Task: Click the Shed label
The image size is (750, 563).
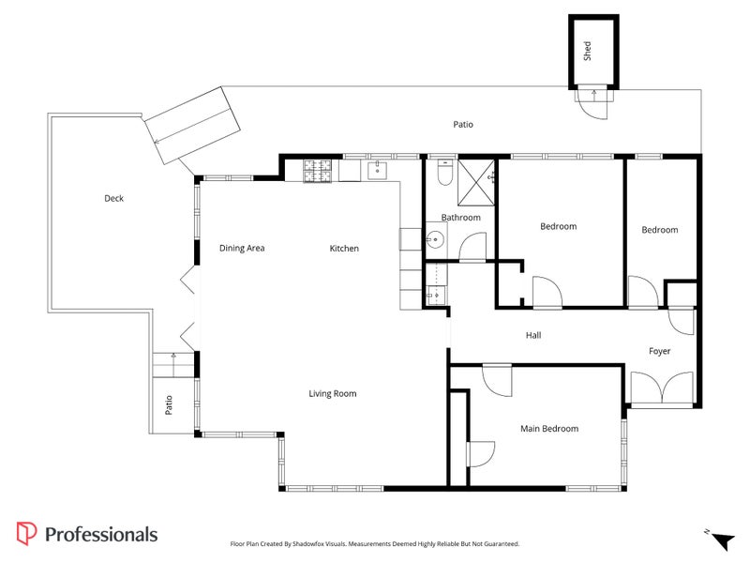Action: (x=588, y=51)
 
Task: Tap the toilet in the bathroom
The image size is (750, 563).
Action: (x=445, y=174)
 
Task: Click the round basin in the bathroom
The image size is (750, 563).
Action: (x=434, y=239)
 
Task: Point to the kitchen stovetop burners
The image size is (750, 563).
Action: (x=318, y=170)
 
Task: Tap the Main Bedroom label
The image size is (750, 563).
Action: (x=549, y=429)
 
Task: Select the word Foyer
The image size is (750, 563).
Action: (x=660, y=352)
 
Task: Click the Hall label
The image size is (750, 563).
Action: (x=533, y=335)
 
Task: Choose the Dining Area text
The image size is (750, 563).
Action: (x=242, y=249)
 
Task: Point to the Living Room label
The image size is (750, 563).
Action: (x=333, y=394)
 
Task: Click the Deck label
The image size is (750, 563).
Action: (x=113, y=199)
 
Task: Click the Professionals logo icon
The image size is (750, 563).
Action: (x=27, y=534)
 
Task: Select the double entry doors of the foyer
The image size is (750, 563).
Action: (x=662, y=388)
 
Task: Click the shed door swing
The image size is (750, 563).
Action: (x=592, y=104)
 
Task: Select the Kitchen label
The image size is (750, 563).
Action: (x=344, y=249)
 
